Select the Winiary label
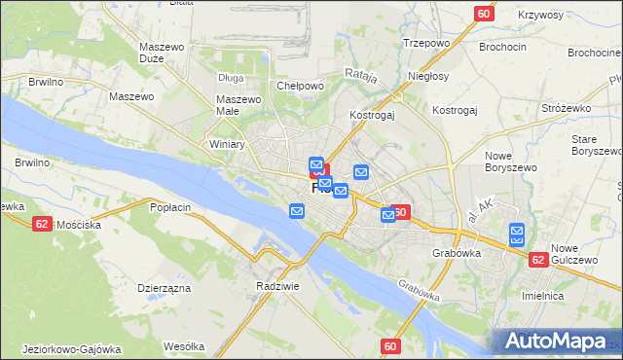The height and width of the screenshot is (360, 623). pyautogui.click(x=227, y=144)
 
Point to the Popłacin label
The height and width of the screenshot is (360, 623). pyautogui.click(x=170, y=207)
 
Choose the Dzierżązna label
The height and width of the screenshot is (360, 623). pyautogui.click(x=163, y=288)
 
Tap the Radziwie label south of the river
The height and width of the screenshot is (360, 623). pyautogui.click(x=275, y=286)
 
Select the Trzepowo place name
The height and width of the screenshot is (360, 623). pyautogui.click(x=424, y=44)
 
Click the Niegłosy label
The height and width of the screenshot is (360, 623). pyautogui.click(x=429, y=76)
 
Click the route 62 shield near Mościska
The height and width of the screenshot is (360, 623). pyautogui.click(x=42, y=223)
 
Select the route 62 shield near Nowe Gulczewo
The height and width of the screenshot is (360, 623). pyautogui.click(x=538, y=260)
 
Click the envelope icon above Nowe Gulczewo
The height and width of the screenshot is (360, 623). pyautogui.click(x=517, y=234)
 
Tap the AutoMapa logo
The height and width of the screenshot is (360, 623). pyautogui.click(x=556, y=342)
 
